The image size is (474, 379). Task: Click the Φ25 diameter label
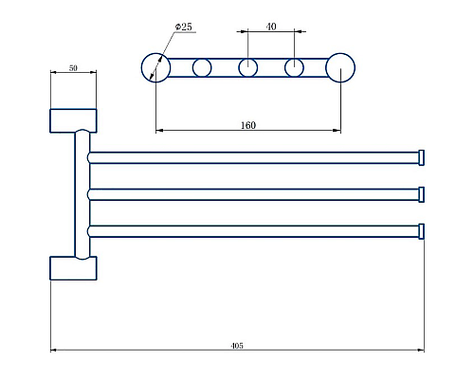click(183, 27)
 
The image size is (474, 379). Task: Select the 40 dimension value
click(271, 27)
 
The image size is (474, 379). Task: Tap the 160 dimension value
click(248, 125)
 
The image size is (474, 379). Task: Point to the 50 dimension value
click(73, 69)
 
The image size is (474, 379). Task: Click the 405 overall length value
click(237, 346)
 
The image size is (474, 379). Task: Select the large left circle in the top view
click(155, 67)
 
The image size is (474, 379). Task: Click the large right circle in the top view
click(340, 67)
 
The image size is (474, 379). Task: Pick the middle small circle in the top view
click(248, 67)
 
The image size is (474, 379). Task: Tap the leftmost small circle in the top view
click(202, 67)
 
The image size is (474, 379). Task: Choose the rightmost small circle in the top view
click(295, 67)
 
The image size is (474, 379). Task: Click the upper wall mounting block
click(73, 120)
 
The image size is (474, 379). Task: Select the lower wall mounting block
click(73, 268)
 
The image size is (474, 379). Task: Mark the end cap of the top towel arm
click(421, 157)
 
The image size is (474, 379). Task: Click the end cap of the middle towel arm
click(421, 194)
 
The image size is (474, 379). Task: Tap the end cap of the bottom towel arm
click(421, 231)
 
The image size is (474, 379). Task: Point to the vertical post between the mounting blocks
click(81, 194)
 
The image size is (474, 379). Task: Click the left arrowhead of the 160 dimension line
click(158, 131)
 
